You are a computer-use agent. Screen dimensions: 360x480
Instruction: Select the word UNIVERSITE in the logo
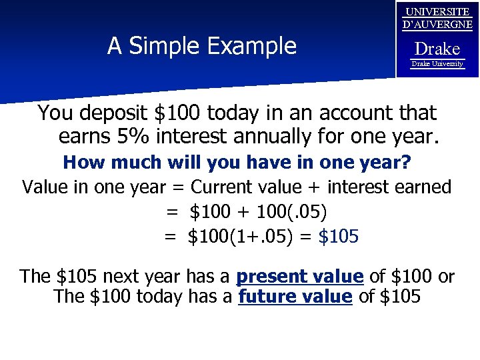pos(437,11)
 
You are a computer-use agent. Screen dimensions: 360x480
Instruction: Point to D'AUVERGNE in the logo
pos(437,25)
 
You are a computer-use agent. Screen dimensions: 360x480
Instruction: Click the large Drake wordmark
pos(437,49)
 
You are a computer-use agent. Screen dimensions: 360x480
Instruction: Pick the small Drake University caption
pos(437,63)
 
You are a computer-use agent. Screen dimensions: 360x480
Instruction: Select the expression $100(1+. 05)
pos(240,236)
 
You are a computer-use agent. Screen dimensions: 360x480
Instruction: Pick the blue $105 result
pos(339,236)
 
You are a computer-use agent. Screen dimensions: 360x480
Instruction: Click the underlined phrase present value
pos(300,276)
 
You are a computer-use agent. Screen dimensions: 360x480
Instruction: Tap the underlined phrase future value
pos(295,297)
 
